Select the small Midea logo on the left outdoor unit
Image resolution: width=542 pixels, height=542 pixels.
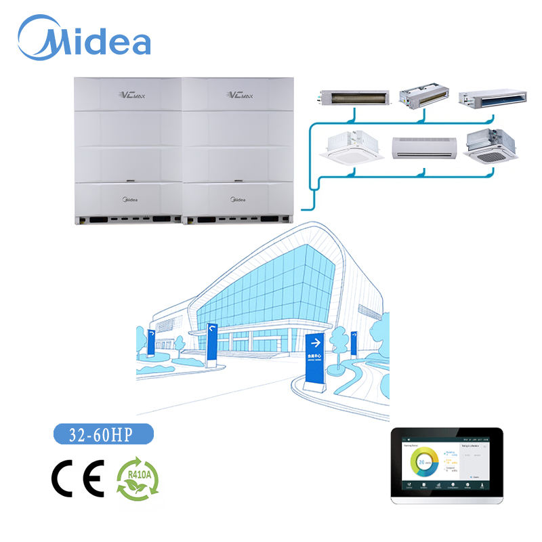[128, 200]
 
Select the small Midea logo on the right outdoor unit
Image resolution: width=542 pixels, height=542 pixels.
[238, 200]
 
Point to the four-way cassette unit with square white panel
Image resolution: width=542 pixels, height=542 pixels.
[355, 147]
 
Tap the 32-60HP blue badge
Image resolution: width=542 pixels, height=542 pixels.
[104, 433]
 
